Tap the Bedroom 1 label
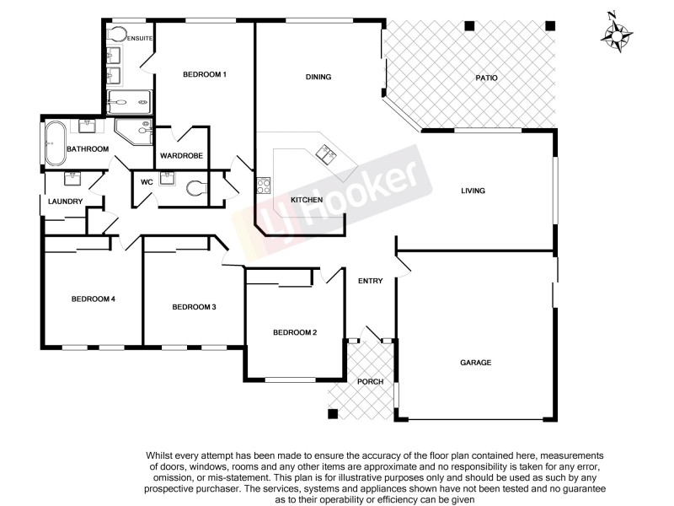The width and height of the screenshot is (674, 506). [x=205, y=75]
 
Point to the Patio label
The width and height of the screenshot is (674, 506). [x=486, y=78]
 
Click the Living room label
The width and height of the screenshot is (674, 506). [x=473, y=191]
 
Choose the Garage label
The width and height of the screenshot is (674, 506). [x=475, y=363]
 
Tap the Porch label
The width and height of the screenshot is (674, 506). [x=371, y=382]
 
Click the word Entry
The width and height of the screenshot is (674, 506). [x=371, y=281]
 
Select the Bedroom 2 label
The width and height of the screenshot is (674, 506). [x=295, y=332]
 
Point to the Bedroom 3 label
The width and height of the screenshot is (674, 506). [x=195, y=307]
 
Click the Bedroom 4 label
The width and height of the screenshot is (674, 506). [x=93, y=299]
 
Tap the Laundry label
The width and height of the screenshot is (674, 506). [x=66, y=202]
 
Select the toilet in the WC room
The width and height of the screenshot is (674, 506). [x=196, y=187]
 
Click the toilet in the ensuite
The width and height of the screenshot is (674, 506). [x=117, y=35]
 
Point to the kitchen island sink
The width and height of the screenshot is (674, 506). [x=324, y=153]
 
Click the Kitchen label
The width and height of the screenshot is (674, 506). [x=307, y=200]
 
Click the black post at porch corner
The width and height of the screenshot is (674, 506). [x=334, y=413]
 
